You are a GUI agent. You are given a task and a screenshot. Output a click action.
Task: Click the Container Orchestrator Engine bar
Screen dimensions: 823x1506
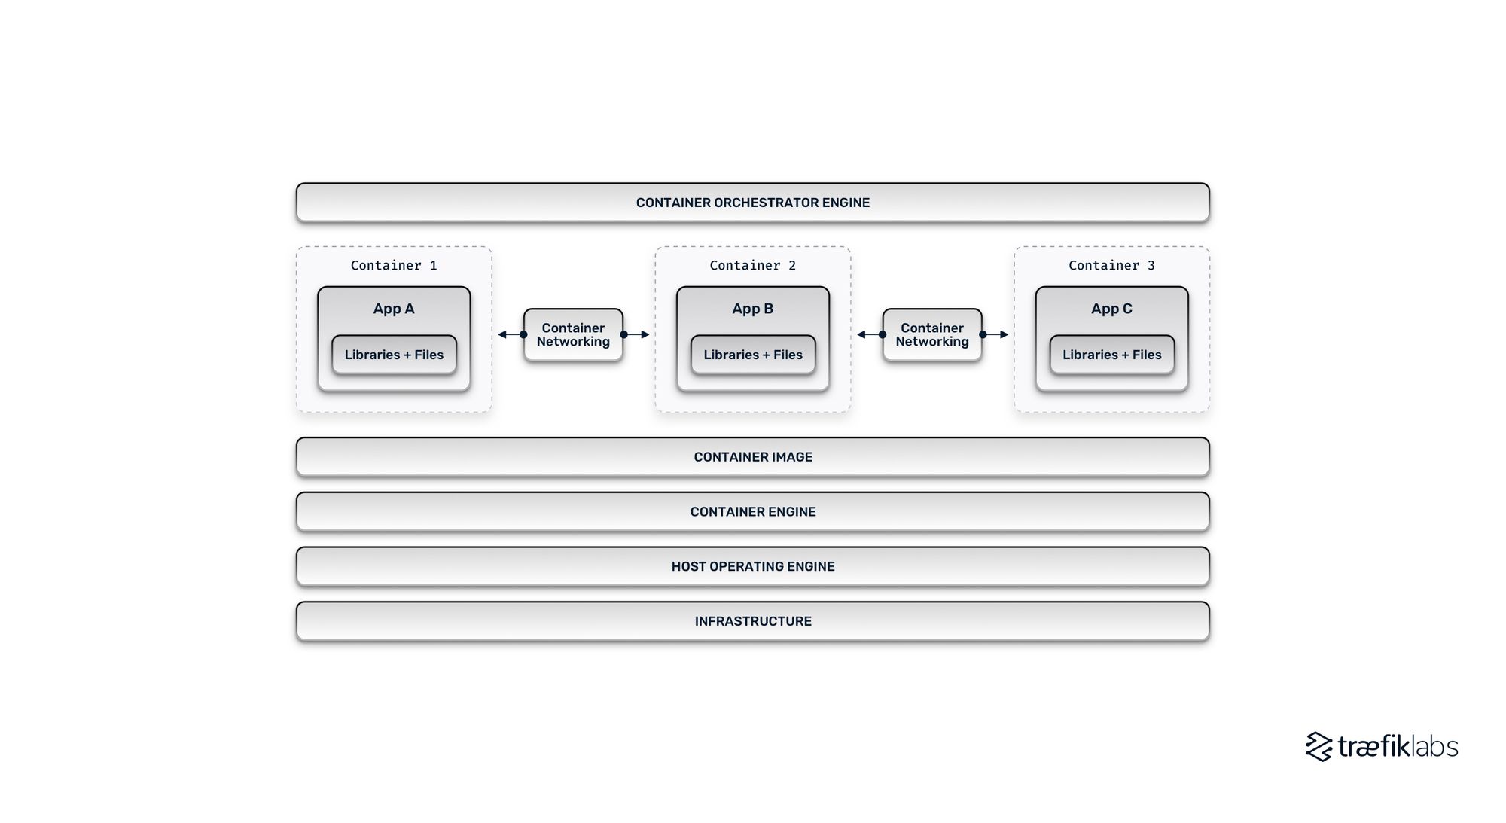click(x=752, y=203)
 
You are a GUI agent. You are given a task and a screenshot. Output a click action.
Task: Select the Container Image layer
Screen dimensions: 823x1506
click(x=752, y=457)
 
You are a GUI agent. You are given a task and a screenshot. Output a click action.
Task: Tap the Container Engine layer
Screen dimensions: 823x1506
click(x=752, y=512)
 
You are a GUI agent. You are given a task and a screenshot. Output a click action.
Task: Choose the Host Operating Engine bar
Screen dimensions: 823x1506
click(x=752, y=566)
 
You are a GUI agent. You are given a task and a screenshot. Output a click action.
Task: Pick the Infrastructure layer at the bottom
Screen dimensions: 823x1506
click(x=752, y=621)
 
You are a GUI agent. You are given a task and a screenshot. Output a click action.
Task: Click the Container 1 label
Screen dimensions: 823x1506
click(x=393, y=265)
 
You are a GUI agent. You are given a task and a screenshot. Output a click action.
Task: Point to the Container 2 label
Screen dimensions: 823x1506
click(x=752, y=265)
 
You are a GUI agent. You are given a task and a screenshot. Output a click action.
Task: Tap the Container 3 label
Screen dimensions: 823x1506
click(x=1111, y=265)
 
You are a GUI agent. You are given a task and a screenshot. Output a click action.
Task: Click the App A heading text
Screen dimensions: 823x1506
click(x=393, y=309)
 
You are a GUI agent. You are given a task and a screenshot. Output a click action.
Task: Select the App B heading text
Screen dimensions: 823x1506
click(x=752, y=309)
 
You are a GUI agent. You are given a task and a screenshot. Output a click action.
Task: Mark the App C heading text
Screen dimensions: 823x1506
click(x=1111, y=309)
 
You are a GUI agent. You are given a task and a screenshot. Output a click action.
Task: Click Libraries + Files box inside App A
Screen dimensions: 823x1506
click(x=394, y=355)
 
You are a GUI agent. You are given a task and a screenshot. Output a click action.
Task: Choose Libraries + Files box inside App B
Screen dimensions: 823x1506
click(x=753, y=355)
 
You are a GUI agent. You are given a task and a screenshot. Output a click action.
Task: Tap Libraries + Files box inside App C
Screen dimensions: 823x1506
click(x=1112, y=355)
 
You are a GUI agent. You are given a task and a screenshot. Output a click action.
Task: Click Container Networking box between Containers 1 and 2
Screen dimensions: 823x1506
click(x=573, y=334)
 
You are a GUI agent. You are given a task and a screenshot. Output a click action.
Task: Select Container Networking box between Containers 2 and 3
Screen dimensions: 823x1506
click(x=932, y=334)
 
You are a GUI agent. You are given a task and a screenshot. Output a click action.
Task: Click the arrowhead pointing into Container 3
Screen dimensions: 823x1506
click(x=1004, y=334)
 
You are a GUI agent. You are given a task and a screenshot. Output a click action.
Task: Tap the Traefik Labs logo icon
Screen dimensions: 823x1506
click(x=1319, y=746)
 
